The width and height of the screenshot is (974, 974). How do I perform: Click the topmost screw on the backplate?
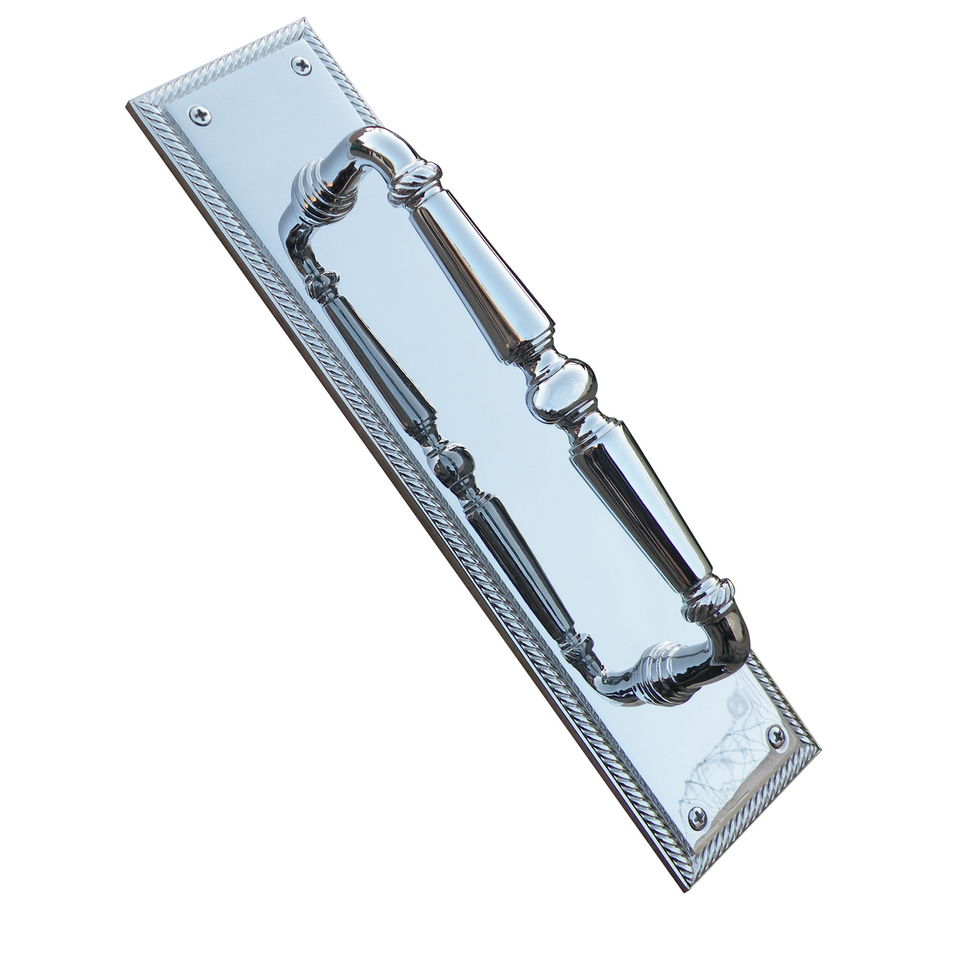[301, 65]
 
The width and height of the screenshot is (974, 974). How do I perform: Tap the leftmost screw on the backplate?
[199, 116]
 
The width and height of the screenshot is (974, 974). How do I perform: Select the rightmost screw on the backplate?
[779, 739]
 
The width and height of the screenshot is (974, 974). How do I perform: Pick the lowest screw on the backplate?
[699, 818]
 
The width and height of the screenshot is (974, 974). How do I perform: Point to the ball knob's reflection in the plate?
[453, 462]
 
